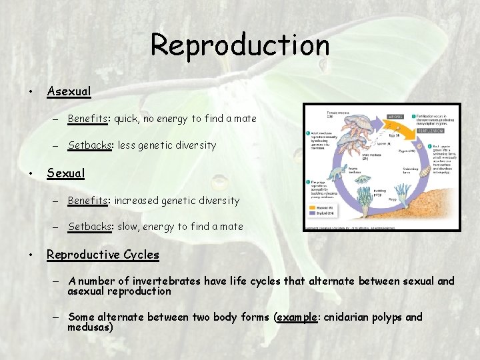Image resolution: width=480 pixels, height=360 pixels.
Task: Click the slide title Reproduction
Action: (240, 45)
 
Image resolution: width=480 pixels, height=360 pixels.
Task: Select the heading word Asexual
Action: (69, 91)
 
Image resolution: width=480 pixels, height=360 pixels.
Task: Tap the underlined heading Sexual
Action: (65, 173)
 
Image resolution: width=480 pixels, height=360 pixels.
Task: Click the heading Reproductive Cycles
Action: (103, 255)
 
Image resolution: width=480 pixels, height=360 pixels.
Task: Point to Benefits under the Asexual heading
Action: (88, 119)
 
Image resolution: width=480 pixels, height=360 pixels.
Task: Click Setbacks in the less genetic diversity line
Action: (89, 145)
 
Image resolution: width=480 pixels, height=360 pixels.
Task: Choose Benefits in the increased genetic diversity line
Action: (88, 201)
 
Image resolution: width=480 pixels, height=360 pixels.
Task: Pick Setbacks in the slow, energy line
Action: (89, 227)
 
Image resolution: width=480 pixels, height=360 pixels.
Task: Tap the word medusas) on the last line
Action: (91, 327)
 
